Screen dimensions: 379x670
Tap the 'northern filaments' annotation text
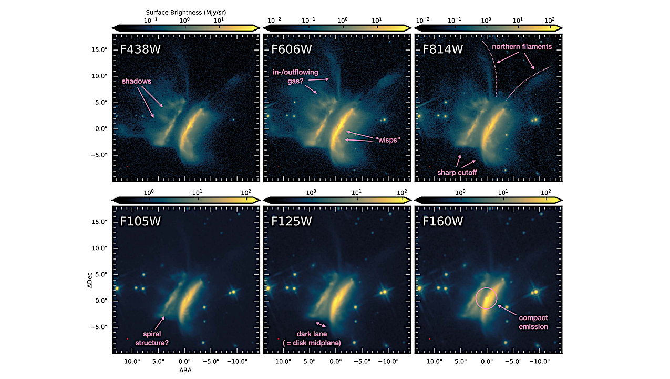(x=521, y=47)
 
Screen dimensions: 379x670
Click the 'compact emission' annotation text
(x=533, y=322)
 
